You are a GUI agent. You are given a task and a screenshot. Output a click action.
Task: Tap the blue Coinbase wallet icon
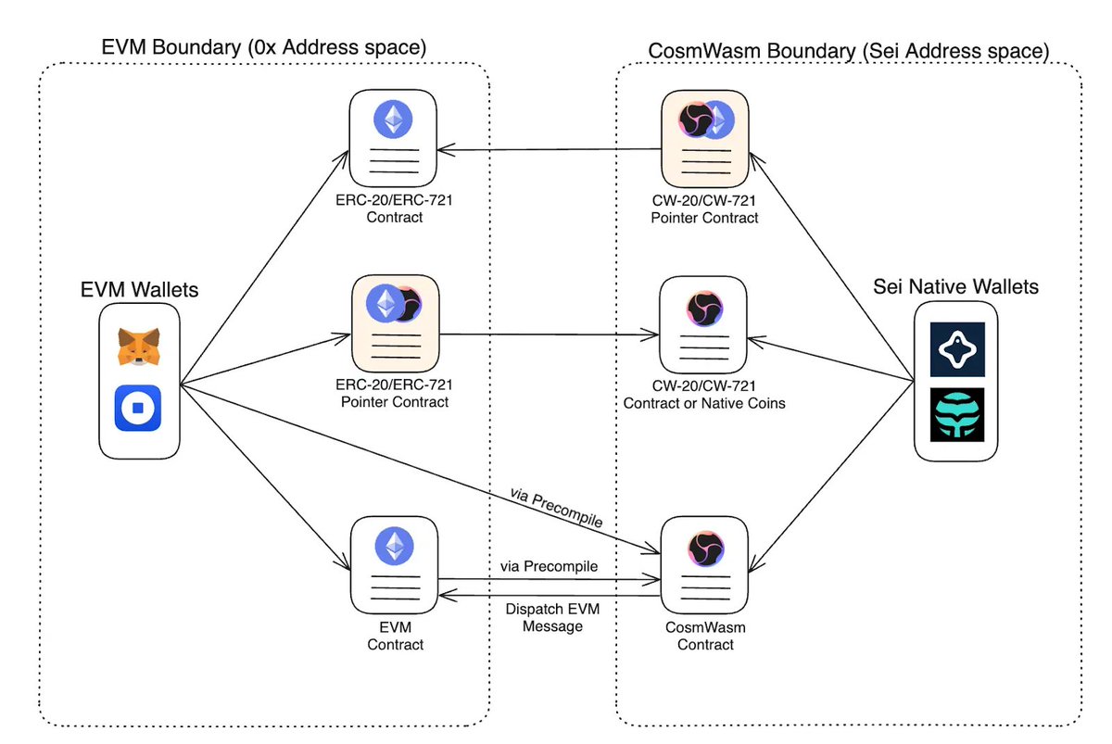138,409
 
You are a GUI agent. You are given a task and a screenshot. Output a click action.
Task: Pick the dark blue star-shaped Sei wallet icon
957,349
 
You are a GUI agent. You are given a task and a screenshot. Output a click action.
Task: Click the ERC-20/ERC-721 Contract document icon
394,139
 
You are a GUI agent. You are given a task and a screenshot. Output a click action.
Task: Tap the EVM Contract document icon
394,567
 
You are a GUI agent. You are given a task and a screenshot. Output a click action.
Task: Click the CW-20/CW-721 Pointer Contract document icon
703,139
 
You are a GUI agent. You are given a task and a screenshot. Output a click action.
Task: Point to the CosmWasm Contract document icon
704,567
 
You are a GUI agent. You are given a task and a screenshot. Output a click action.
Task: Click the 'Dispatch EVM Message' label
545,618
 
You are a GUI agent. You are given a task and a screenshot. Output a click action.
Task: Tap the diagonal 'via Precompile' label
556,508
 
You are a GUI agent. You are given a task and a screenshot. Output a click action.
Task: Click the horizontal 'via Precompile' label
547,565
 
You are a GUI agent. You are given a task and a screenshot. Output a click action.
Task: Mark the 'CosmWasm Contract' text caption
705,636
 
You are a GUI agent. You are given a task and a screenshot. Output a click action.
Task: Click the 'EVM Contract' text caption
396,636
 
